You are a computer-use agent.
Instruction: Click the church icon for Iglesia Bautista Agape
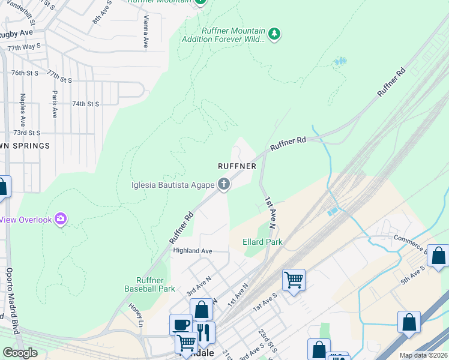(224, 184)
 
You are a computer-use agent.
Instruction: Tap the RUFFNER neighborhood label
(237, 166)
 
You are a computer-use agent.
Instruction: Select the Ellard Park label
(262, 242)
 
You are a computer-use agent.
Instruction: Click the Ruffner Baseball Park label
(149, 284)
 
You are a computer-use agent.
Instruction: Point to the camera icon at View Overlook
(60, 220)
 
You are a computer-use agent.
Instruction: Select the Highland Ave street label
(193, 250)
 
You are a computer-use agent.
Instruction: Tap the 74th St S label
(85, 104)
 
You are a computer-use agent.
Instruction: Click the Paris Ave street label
(55, 104)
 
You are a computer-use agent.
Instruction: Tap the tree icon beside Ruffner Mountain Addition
(274, 34)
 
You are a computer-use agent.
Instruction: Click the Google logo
(20, 353)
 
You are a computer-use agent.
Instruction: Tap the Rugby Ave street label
(17, 33)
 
